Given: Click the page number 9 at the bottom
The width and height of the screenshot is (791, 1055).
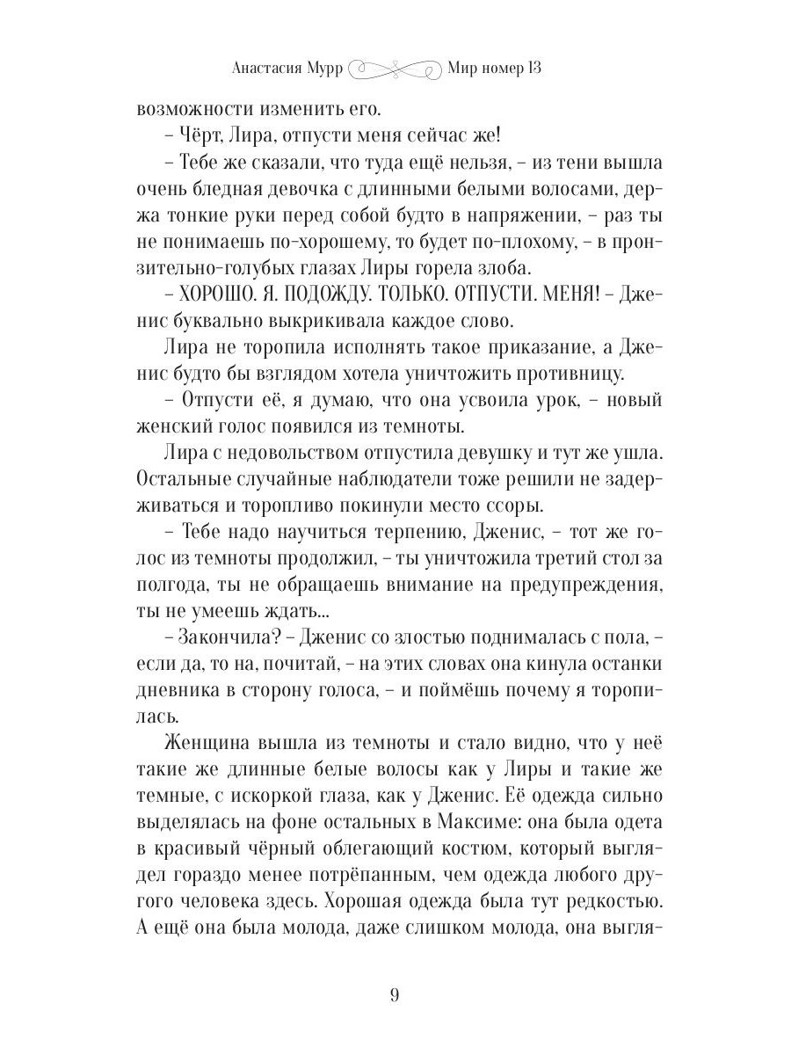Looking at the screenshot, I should click(395, 995).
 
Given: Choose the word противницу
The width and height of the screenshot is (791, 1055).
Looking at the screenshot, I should click(550, 375).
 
